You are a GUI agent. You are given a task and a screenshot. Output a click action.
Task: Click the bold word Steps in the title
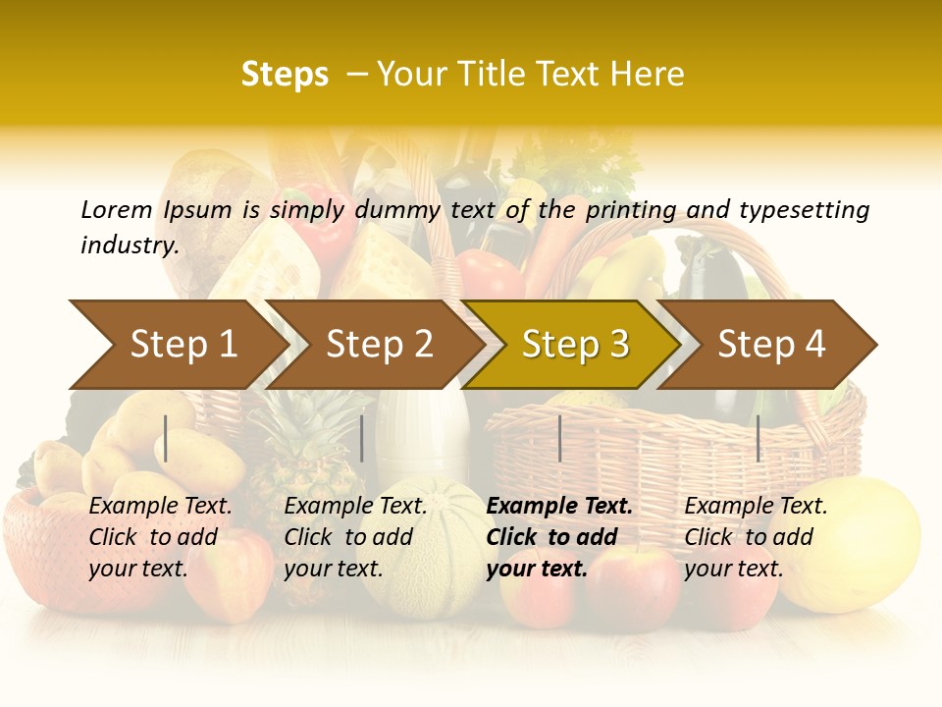pyautogui.click(x=285, y=75)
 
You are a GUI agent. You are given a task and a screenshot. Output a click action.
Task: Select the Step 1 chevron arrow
pyautogui.click(x=177, y=344)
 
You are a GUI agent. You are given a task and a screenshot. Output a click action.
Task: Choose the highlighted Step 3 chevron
pyautogui.click(x=574, y=344)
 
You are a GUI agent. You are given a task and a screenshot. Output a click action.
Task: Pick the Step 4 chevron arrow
pyautogui.click(x=770, y=344)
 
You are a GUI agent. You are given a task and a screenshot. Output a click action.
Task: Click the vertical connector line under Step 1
pyautogui.click(x=166, y=438)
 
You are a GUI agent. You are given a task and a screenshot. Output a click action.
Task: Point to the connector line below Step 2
pyautogui.click(x=362, y=438)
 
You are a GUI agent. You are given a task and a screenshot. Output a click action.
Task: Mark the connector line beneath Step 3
pyautogui.click(x=559, y=438)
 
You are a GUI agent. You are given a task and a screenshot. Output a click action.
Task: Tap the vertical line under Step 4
pyautogui.click(x=758, y=438)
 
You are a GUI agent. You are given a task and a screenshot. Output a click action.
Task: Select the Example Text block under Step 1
pyautogui.click(x=160, y=537)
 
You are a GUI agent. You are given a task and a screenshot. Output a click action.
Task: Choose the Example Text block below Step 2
pyautogui.click(x=355, y=537)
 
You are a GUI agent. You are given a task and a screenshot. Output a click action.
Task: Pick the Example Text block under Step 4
pyautogui.click(x=755, y=537)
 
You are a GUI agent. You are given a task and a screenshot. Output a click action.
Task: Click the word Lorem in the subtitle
pyautogui.click(x=117, y=210)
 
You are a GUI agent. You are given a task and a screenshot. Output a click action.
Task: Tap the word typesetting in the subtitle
pyautogui.click(x=804, y=210)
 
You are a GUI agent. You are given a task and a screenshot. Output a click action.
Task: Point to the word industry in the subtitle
pyautogui.click(x=129, y=245)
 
